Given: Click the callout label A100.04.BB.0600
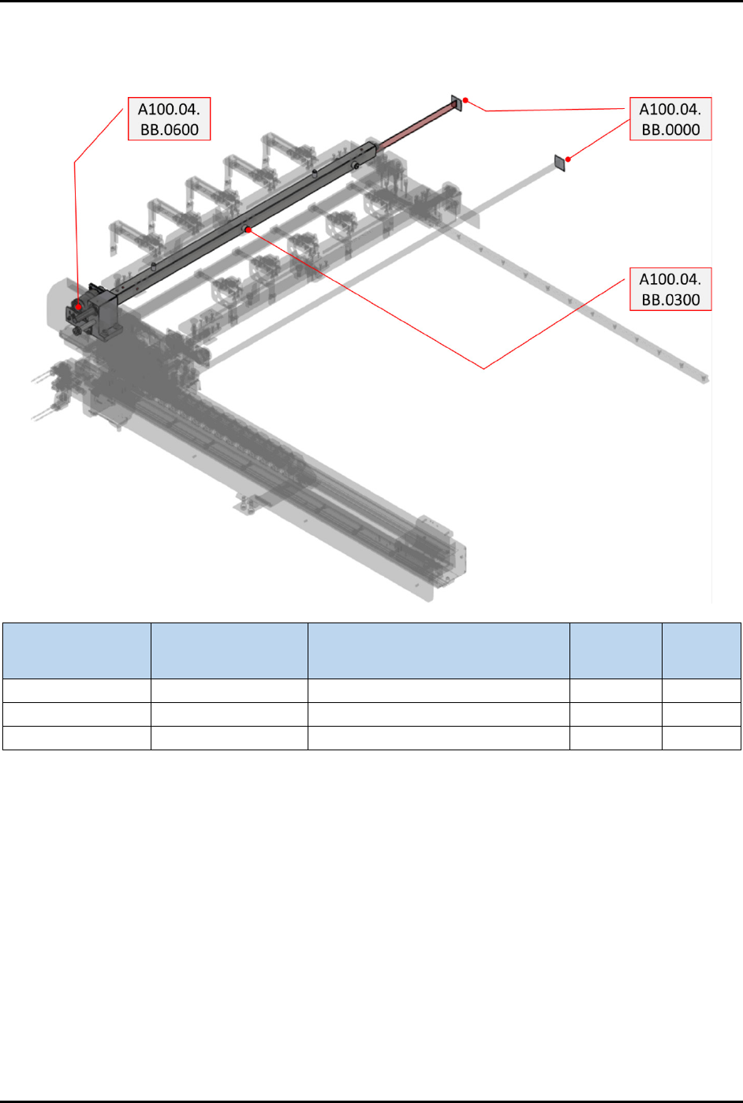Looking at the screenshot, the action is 170,118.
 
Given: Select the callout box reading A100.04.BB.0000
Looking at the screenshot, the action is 670,118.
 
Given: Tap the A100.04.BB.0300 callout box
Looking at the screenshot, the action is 670,289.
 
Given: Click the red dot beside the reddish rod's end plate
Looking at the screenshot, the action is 465,100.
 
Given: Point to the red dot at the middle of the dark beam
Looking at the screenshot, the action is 248,230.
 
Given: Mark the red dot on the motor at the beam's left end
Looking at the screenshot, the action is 78,307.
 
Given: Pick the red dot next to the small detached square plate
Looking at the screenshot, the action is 568,159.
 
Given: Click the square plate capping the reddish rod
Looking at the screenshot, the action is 457,103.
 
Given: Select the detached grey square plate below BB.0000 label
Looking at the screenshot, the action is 560,163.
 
